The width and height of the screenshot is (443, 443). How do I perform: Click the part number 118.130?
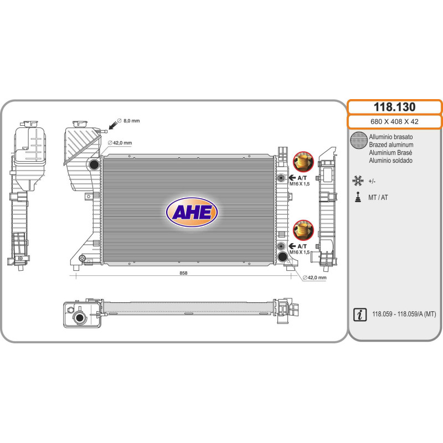point(394,107)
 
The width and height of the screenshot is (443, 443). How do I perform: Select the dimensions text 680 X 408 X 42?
point(394,122)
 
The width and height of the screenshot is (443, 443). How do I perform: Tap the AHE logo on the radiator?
point(192,213)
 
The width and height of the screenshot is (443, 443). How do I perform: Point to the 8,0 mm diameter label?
point(131,120)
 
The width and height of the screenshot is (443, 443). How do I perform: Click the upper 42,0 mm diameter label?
point(122,143)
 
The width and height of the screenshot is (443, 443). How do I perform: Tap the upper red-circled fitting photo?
point(303,162)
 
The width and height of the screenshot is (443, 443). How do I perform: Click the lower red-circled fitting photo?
point(303,229)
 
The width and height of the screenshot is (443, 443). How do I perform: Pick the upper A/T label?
point(302,178)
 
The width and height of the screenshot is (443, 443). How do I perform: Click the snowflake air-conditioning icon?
point(358,181)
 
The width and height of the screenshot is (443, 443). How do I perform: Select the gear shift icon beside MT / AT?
point(358,197)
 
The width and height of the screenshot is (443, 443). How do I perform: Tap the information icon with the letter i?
point(359,315)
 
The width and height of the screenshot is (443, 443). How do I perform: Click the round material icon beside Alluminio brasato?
point(359,141)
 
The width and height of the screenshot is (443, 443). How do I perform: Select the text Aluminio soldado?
point(390,161)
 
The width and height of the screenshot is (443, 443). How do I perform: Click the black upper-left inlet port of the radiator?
point(94,164)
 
